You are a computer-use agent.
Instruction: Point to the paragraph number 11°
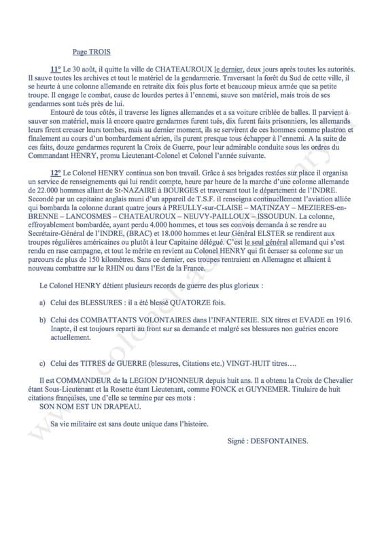(x=56, y=70)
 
